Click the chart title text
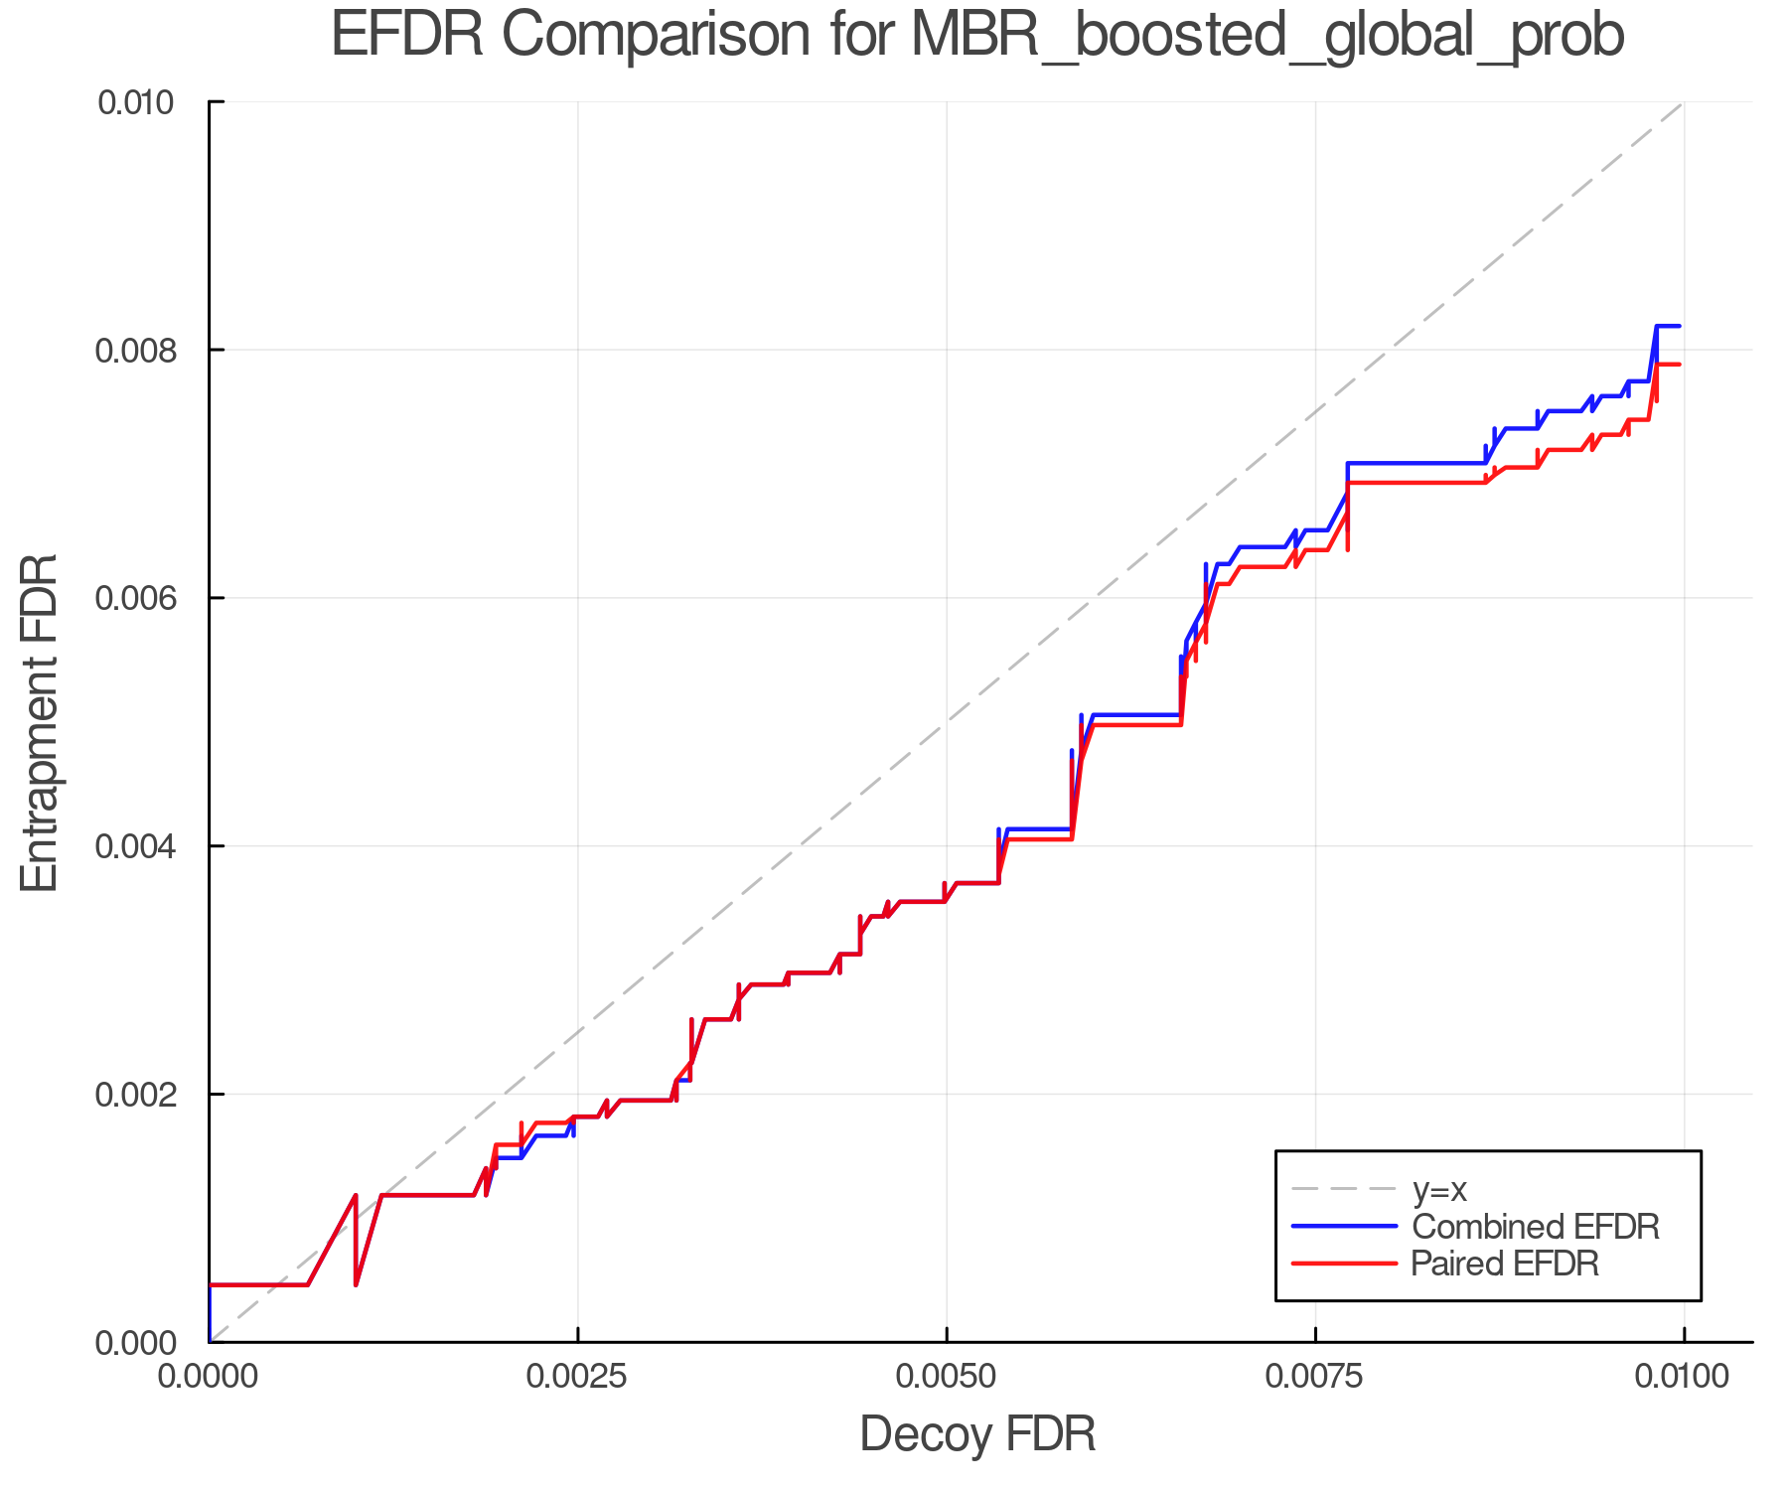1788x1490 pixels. [977, 36]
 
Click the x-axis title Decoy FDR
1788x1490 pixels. [977, 1433]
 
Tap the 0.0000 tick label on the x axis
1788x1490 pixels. [209, 1377]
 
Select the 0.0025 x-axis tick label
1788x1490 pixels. [578, 1377]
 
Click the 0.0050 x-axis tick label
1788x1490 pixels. [947, 1377]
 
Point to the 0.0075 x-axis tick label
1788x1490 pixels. [1315, 1377]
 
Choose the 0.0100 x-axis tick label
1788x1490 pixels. [1684, 1377]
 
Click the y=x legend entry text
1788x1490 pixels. [1439, 1189]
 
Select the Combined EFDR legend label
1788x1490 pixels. [1535, 1227]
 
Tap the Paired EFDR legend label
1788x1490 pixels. [1505, 1264]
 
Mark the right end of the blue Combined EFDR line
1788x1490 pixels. [1680, 326]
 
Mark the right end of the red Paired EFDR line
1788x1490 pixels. [1680, 365]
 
